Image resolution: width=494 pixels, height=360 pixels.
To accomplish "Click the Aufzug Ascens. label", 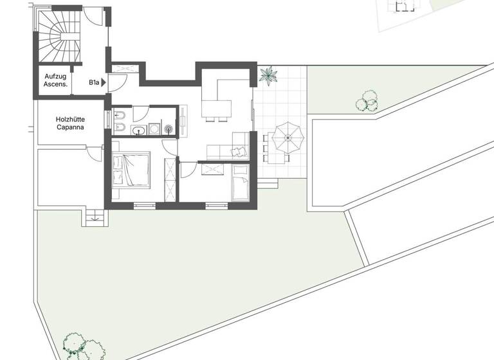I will click(x=55, y=80).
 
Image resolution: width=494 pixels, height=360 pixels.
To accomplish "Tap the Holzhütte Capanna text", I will click(x=70, y=123).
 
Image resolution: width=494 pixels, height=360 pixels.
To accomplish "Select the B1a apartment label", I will click(x=94, y=82).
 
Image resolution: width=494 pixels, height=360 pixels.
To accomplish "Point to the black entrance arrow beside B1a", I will click(x=103, y=82).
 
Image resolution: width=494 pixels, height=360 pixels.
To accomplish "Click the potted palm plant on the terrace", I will click(x=268, y=76).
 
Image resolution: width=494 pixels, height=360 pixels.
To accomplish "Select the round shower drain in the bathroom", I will click(x=169, y=129).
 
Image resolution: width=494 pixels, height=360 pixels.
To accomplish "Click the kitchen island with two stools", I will click(x=217, y=109).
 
